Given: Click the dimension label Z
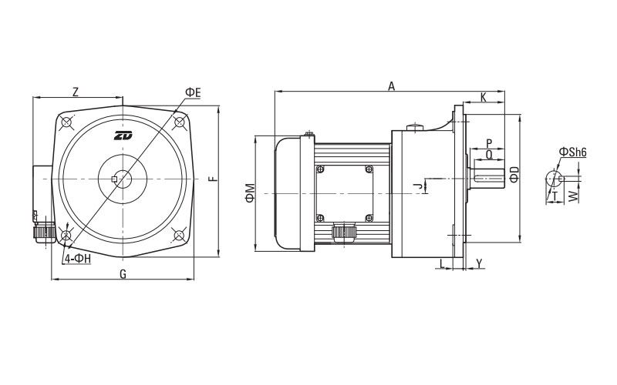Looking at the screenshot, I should [75, 92].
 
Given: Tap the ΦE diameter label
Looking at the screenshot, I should [193, 92].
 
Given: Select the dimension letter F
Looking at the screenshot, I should [214, 179].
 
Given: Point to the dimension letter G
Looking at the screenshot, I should [123, 274].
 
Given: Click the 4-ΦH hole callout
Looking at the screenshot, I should [78, 259].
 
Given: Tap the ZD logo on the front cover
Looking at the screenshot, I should [123, 136].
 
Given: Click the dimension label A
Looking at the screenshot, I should [391, 87].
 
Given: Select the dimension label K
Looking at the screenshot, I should [483, 98].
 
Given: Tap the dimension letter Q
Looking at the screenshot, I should [489, 154].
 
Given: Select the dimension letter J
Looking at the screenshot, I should [416, 186].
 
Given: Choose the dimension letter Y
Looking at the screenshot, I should [479, 263].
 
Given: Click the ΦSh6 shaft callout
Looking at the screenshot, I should [573, 152].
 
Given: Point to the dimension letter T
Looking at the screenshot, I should [555, 196].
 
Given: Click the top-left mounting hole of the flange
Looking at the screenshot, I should [67, 123].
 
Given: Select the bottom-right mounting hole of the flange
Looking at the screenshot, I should [179, 235].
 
